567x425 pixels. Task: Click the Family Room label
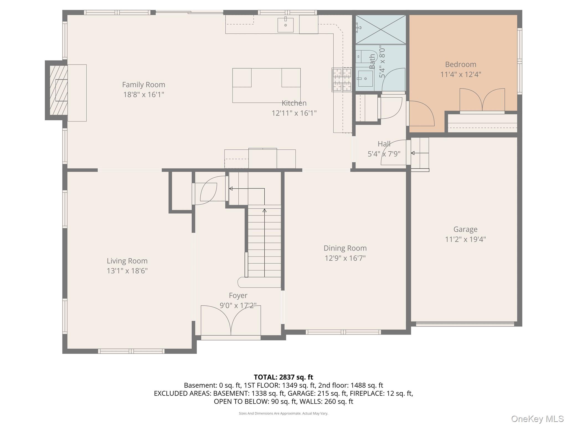[x=144, y=84]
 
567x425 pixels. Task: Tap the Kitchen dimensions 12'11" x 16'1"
[x=294, y=113]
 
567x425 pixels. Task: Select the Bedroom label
[x=461, y=64]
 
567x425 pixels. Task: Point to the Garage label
[x=465, y=229]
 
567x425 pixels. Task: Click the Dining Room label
[x=345, y=248]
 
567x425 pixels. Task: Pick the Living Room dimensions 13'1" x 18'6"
[x=127, y=271]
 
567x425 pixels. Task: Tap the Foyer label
[x=238, y=296]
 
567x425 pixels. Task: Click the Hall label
[x=384, y=144]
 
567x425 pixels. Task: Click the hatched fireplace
[x=58, y=90]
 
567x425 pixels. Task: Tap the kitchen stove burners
[x=342, y=80]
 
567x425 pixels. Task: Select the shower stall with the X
[x=381, y=30]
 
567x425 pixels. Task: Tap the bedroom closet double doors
[x=482, y=100]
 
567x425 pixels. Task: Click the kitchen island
[x=266, y=85]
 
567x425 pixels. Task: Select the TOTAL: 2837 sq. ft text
[x=283, y=377]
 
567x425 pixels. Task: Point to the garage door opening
[x=465, y=324]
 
